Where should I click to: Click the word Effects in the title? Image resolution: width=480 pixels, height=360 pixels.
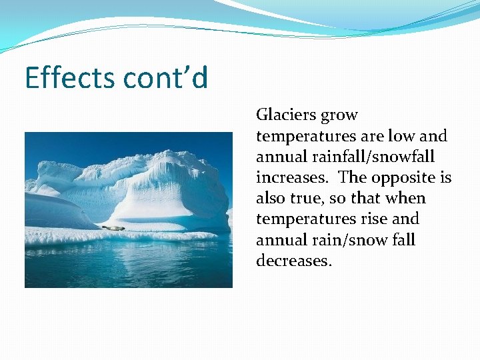point(69,78)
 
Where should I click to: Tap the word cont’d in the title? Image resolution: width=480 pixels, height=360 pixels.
point(165,78)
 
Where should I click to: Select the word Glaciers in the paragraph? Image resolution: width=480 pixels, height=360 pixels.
point(285,115)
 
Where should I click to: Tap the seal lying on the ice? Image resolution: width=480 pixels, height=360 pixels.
point(113,228)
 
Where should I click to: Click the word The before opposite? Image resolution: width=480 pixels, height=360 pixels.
point(353,178)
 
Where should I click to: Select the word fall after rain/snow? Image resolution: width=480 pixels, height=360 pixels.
point(403,240)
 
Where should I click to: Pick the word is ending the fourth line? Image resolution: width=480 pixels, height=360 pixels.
point(445,178)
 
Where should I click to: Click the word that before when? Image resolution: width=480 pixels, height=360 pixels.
point(370,199)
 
